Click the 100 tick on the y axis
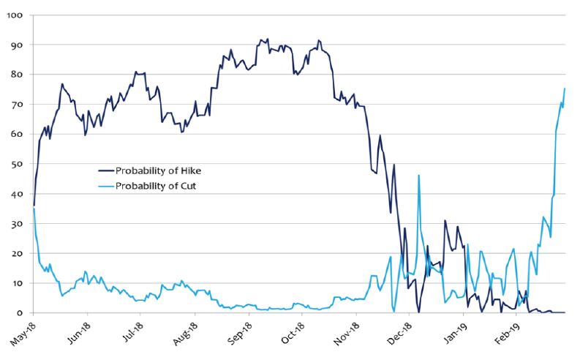[15, 15]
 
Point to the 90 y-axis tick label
[17, 45]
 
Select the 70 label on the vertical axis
[17, 105]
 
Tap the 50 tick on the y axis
[17, 164]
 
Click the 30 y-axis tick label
[17, 224]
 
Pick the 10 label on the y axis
[17, 283]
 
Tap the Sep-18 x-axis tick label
[239, 333]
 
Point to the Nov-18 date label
[347, 333]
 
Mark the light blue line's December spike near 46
[418, 175]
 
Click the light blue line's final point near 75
[565, 89]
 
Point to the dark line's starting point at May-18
[34, 205]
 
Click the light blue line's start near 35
[34, 209]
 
